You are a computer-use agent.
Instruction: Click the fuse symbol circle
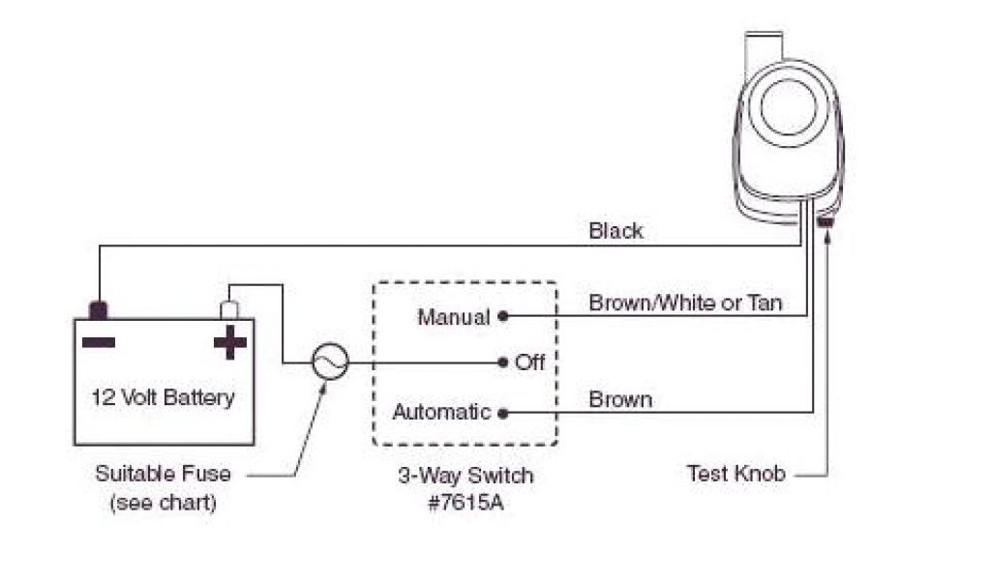tap(328, 362)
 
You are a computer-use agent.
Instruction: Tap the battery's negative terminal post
tap(99, 310)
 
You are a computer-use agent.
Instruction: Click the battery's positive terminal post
tap(230, 309)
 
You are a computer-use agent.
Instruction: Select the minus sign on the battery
tap(99, 341)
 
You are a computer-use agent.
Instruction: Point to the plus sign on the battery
tap(229, 342)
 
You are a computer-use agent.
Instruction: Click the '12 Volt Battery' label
tap(164, 396)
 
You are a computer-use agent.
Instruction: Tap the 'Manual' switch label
tap(454, 317)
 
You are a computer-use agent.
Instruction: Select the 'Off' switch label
tap(530, 362)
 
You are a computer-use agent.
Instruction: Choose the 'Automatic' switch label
tap(441, 412)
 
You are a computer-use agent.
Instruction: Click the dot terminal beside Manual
tap(502, 316)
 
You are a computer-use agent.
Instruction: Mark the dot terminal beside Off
tap(502, 362)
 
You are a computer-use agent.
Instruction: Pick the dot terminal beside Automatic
tap(502, 413)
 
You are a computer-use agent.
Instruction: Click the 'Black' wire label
tap(616, 231)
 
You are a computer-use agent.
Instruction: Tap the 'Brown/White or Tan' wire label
tap(685, 303)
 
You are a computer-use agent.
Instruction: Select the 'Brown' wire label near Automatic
tap(620, 399)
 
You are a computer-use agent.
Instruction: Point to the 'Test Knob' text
tap(736, 474)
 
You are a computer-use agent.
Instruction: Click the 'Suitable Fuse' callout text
tap(164, 474)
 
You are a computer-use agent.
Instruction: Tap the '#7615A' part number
tap(465, 503)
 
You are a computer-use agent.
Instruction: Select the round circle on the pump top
tap(791, 106)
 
